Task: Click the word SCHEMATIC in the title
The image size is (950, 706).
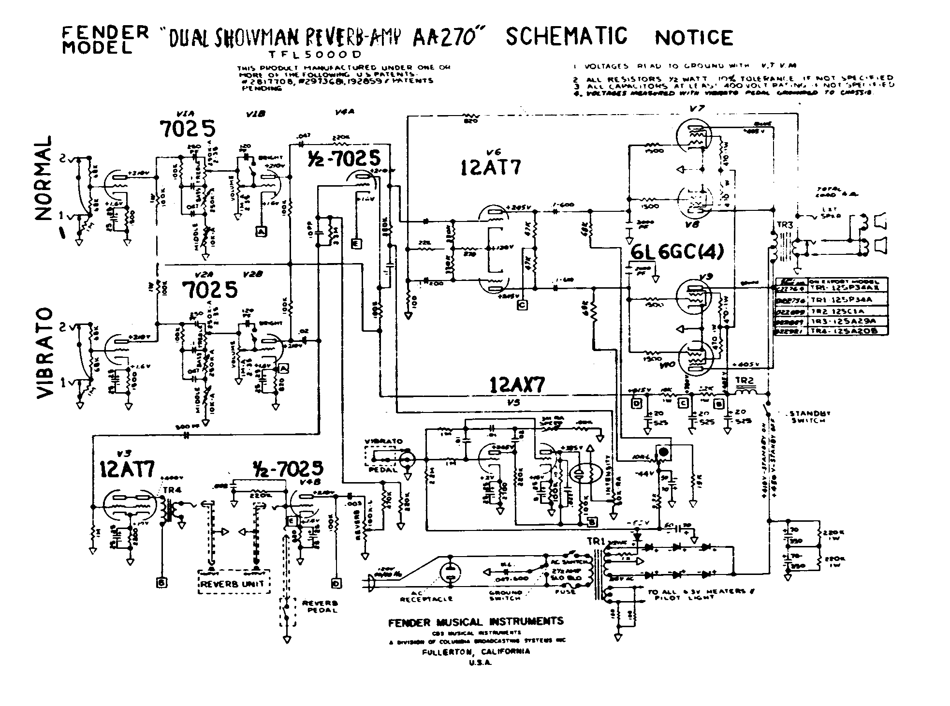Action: [x=566, y=36]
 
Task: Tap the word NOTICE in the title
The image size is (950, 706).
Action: [x=694, y=38]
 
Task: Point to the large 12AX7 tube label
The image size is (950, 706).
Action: [x=517, y=386]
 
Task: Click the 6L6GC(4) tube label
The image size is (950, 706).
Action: [x=677, y=252]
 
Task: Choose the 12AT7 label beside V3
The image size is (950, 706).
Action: [x=127, y=469]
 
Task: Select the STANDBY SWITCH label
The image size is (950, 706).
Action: [x=809, y=417]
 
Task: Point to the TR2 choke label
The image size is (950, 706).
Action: [x=745, y=380]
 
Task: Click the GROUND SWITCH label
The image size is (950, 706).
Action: [x=506, y=595]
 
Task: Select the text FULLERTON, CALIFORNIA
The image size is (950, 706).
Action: [x=476, y=651]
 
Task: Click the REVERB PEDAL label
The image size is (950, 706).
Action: [x=320, y=607]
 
